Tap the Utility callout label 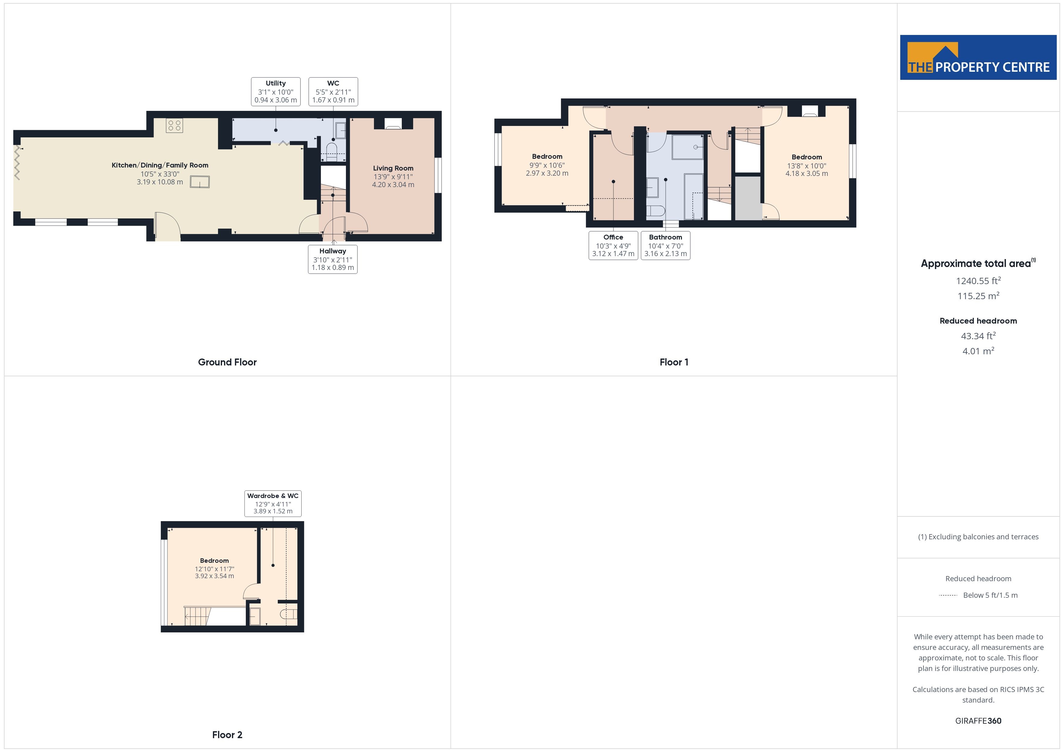276,92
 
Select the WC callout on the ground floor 333,92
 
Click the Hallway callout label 333,259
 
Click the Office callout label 613,246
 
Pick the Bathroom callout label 666,246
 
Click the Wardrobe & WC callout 273,503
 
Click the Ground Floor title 227,362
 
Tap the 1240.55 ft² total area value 978,280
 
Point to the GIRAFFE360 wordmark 978,721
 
